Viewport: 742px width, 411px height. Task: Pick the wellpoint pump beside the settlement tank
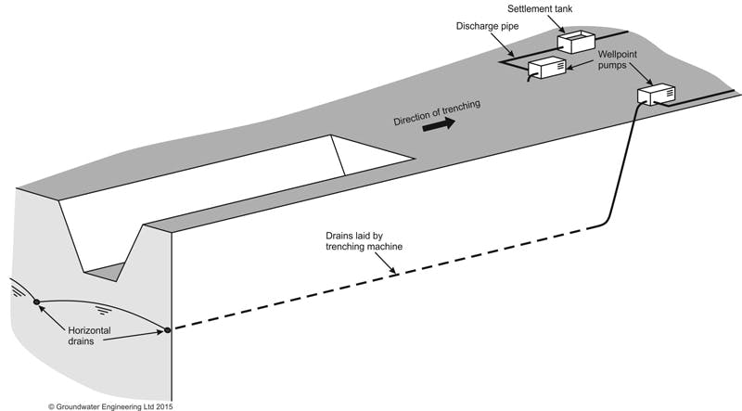547,68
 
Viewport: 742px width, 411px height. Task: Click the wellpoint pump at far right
657,94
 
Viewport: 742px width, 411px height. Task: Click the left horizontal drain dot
36,301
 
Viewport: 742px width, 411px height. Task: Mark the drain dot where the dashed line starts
168,329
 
